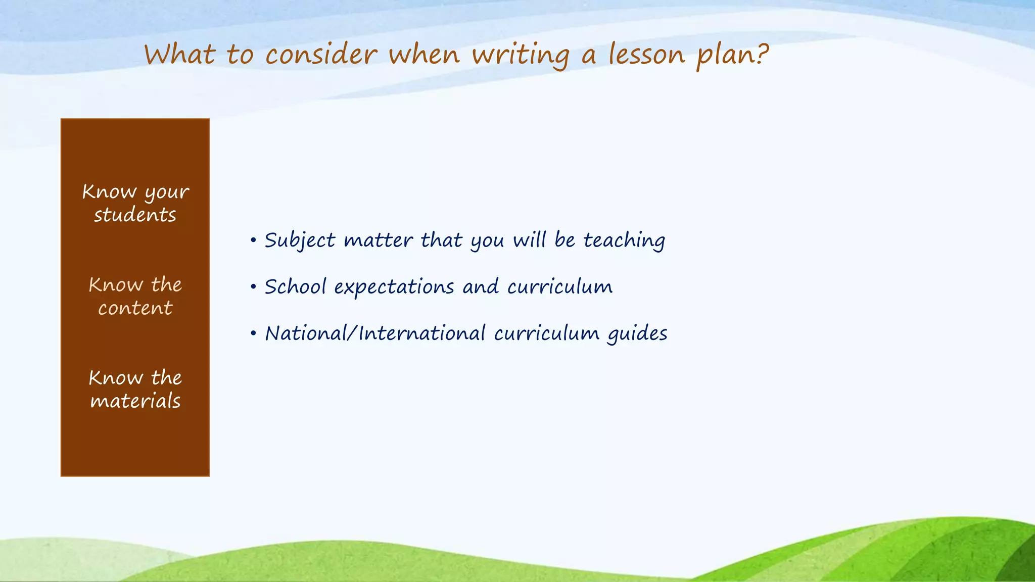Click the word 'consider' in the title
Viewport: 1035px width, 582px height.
pyautogui.click(x=321, y=55)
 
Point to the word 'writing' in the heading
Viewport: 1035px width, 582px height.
pyautogui.click(x=521, y=55)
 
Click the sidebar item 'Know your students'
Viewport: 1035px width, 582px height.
pyautogui.click(x=135, y=203)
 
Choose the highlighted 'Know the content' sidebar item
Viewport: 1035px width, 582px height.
pyautogui.click(x=135, y=296)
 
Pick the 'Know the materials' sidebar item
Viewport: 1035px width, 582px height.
pyautogui.click(x=135, y=389)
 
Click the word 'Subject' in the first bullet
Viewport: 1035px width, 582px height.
pyautogui.click(x=300, y=240)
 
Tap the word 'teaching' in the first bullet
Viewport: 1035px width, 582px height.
pyautogui.click(x=624, y=240)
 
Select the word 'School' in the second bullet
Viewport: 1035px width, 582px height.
pyautogui.click(x=295, y=286)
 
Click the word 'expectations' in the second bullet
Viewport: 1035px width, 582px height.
pyautogui.click(x=394, y=287)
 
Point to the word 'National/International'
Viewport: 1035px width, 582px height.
pyautogui.click(x=375, y=333)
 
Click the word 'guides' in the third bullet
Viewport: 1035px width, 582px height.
pyautogui.click(x=637, y=334)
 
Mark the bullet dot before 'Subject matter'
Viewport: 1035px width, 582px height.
pyautogui.click(x=253, y=240)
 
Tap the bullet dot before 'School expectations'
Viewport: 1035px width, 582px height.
pyautogui.click(x=253, y=287)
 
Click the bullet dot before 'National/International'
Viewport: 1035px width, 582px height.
pyautogui.click(x=253, y=333)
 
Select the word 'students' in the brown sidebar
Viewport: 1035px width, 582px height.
pyautogui.click(x=135, y=215)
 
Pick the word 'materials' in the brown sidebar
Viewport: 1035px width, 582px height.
pyautogui.click(x=135, y=401)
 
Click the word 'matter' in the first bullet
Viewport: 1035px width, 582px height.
pyautogui.click(x=378, y=240)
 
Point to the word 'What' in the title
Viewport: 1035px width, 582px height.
pyautogui.click(x=180, y=55)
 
